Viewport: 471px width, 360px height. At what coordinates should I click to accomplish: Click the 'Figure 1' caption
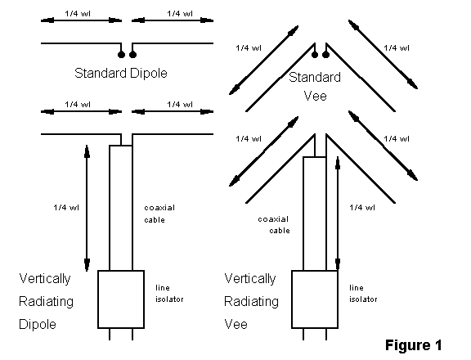point(413,345)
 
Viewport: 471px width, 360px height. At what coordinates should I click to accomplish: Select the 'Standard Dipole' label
point(121,74)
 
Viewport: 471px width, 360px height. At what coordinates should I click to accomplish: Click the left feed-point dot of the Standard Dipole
point(121,54)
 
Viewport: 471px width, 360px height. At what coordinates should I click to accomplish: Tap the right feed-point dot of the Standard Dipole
point(132,54)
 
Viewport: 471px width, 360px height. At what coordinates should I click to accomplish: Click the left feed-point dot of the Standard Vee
point(315,55)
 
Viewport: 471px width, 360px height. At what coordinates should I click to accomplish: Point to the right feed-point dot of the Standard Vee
point(326,55)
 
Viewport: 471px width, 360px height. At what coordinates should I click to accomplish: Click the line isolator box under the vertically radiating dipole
point(121,299)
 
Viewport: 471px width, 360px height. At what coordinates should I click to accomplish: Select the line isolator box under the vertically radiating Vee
point(315,299)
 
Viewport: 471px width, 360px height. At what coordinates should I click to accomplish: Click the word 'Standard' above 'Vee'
point(315,77)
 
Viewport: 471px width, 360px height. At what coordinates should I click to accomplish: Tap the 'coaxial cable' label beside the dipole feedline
point(159,214)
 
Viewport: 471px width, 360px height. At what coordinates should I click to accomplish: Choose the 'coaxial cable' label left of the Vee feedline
point(274,225)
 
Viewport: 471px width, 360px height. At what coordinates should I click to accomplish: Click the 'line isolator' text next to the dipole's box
point(169,293)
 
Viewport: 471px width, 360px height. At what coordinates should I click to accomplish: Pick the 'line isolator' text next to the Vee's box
point(363,293)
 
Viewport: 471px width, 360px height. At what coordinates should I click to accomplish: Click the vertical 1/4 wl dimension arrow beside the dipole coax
point(87,209)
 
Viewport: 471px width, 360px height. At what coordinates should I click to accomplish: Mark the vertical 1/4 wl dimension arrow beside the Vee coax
point(338,214)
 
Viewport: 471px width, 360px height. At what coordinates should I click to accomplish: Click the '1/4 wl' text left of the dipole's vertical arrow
point(66,208)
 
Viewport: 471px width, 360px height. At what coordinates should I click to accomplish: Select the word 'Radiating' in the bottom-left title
point(46,302)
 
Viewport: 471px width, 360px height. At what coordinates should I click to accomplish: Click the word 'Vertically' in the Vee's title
point(250,279)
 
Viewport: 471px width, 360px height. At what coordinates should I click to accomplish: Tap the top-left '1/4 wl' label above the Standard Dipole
point(78,14)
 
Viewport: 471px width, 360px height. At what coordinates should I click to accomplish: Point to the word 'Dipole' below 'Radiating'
point(38,325)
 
